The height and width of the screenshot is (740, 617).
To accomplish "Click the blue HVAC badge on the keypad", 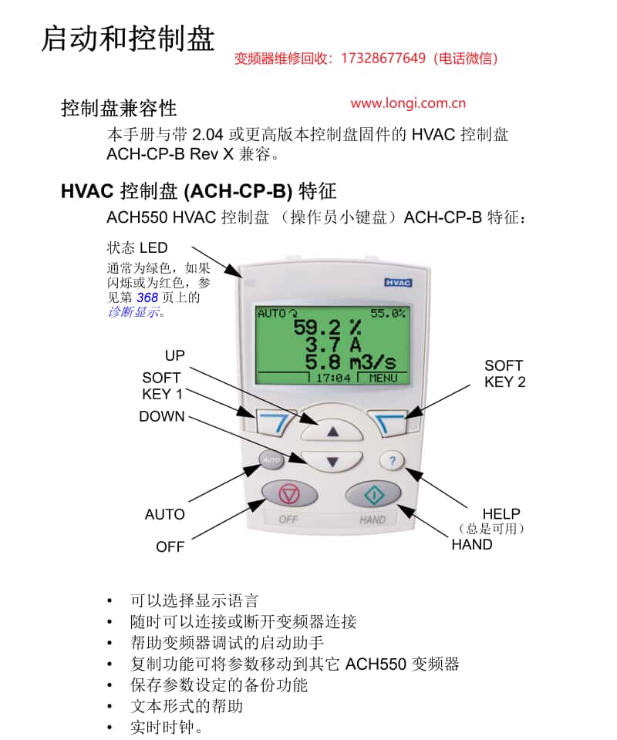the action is tap(398, 283).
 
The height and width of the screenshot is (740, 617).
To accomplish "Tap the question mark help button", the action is tap(392, 461).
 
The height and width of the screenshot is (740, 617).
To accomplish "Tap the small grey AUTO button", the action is tap(271, 459).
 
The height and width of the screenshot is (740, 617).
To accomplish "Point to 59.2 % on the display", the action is tap(328, 327).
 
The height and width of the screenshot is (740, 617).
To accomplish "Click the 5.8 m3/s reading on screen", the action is tap(350, 362).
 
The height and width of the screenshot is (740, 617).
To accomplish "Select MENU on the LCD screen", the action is tap(383, 378).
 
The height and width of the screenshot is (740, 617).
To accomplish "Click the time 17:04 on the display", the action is tap(333, 378).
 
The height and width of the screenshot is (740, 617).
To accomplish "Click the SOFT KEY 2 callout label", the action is tap(504, 374).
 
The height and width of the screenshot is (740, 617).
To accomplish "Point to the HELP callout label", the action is tap(501, 513).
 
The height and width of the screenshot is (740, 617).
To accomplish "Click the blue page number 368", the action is tap(147, 298).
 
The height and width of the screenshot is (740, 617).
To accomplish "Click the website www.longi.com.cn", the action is tap(408, 103).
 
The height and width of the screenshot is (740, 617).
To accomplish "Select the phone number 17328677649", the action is tap(383, 59).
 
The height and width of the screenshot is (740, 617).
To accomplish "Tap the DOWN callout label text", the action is tap(162, 416).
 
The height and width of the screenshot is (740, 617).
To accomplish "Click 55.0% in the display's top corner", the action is tap(388, 314).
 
